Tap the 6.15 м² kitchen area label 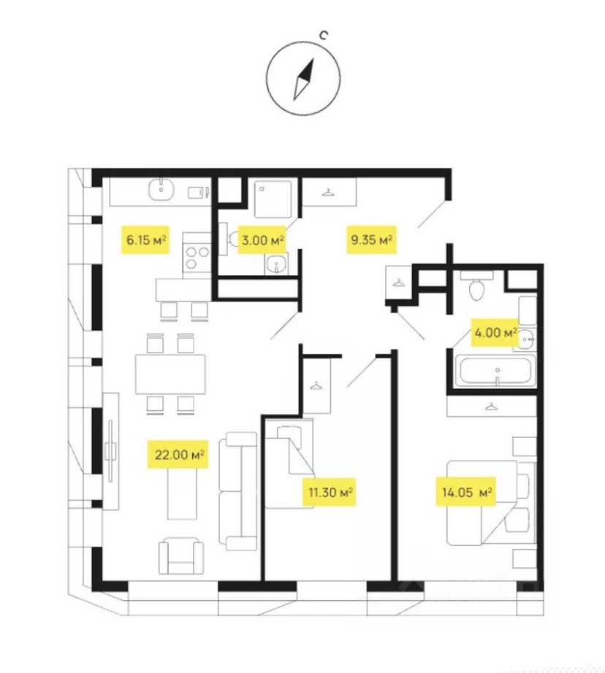[x=144, y=239]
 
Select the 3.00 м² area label [x=261, y=239]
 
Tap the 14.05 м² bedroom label [x=467, y=493]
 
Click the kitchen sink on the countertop [x=159, y=191]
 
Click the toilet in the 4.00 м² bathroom [x=476, y=288]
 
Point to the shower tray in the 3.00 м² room [x=276, y=197]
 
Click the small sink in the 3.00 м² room [x=275, y=264]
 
